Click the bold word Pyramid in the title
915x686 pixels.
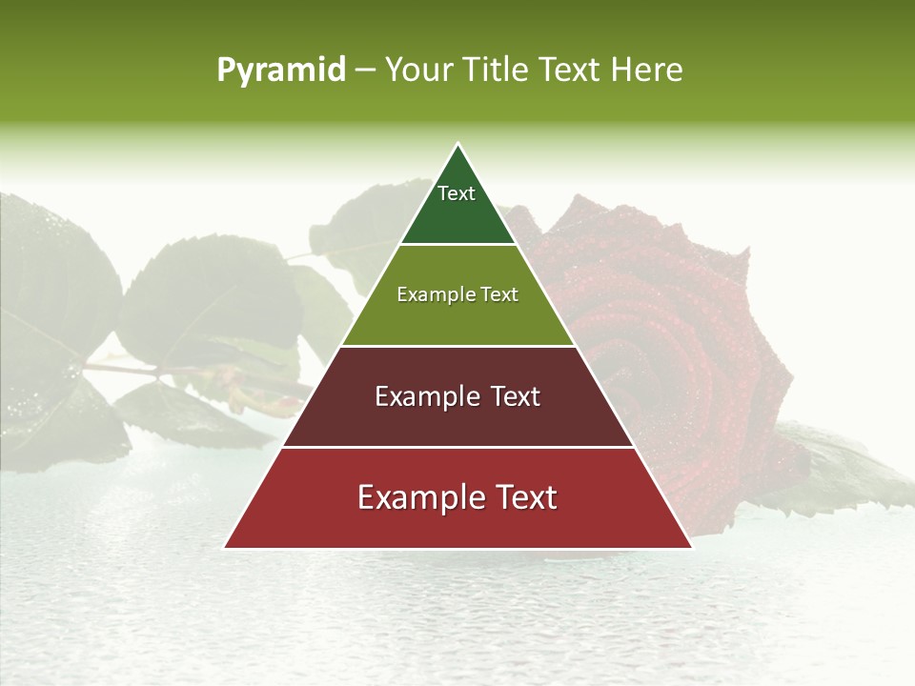281,71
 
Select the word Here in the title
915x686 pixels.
647,71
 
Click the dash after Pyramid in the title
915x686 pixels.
365,71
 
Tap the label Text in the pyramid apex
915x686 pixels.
457,193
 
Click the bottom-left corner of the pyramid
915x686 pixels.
225,547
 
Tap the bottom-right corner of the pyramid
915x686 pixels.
691,547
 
